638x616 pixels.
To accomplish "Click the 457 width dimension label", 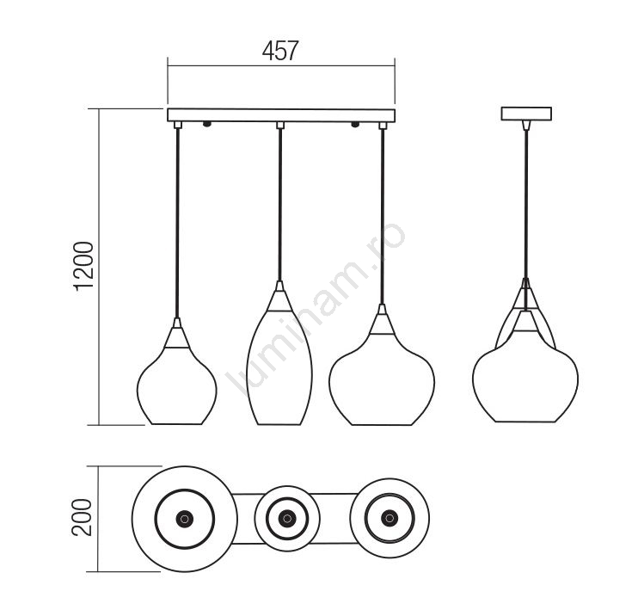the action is [280, 51].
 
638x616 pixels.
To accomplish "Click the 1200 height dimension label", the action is [83, 266].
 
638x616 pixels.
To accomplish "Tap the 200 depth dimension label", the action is [82, 517].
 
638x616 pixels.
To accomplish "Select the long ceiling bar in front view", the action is [281, 114].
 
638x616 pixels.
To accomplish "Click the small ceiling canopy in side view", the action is [526, 114].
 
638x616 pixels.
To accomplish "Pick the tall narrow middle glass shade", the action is [279, 367].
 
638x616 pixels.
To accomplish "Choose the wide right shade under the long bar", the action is [382, 379].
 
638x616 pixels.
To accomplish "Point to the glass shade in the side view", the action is [525, 377].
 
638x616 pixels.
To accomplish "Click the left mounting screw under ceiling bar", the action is [206, 124].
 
